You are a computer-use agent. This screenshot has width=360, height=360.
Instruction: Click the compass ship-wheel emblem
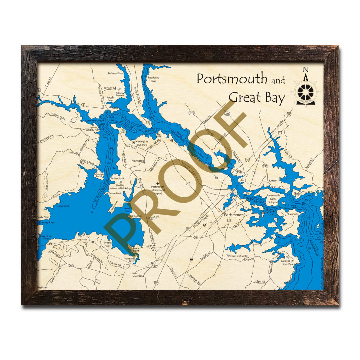click(x=305, y=91)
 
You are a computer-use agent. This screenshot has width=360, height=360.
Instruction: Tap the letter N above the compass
click(x=305, y=69)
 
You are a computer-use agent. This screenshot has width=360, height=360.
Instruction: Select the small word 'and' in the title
click(x=278, y=81)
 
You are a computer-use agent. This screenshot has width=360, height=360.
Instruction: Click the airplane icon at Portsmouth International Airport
click(x=158, y=183)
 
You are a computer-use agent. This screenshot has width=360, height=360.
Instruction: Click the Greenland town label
click(x=138, y=276)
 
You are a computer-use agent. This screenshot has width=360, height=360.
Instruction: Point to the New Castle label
click(x=293, y=214)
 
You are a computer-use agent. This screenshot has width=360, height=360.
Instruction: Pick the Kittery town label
click(x=273, y=180)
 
